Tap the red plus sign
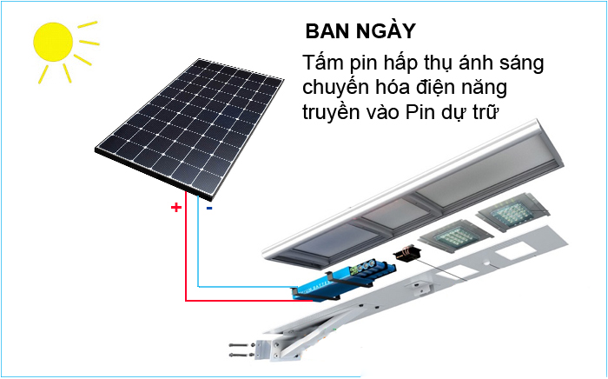175,208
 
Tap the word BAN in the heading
325,31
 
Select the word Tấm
324,65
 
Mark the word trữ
491,113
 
